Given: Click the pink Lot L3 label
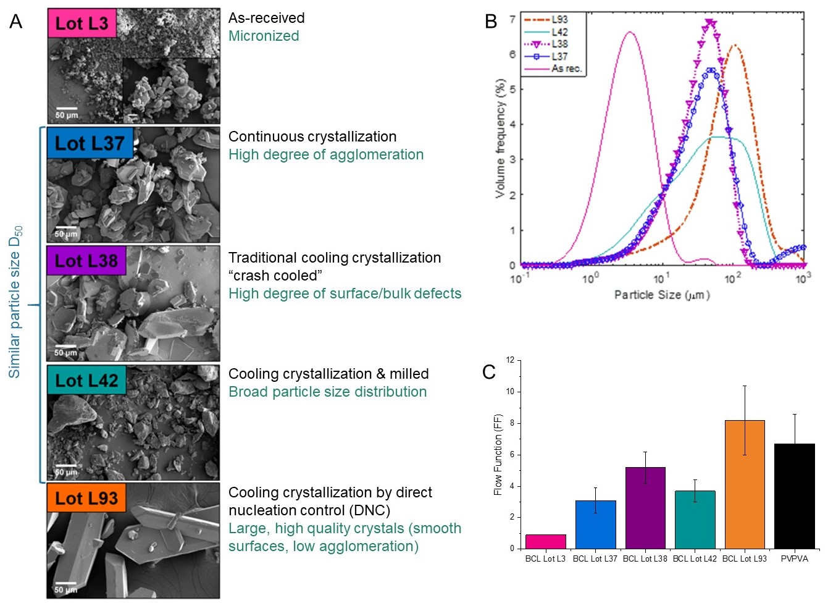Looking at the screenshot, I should click(82, 23).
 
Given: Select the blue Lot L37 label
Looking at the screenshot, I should click(90, 143).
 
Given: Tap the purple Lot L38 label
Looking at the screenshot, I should click(86, 261).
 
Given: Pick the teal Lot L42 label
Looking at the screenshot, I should click(86, 381).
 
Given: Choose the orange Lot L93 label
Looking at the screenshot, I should click(86, 499).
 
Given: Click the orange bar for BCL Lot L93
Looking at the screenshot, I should click(745, 484).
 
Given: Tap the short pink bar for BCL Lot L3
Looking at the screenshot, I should click(545, 542).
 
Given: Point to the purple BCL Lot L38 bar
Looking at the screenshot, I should click(645, 508).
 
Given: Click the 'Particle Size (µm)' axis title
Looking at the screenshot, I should click(662, 295).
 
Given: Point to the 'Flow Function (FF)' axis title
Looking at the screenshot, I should click(498, 454).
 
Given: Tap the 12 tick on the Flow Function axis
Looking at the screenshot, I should click(510, 360).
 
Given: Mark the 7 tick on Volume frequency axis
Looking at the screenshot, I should click(512, 19).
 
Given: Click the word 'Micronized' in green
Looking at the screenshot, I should click(264, 36).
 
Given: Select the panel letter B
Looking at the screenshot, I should click(491, 22).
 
